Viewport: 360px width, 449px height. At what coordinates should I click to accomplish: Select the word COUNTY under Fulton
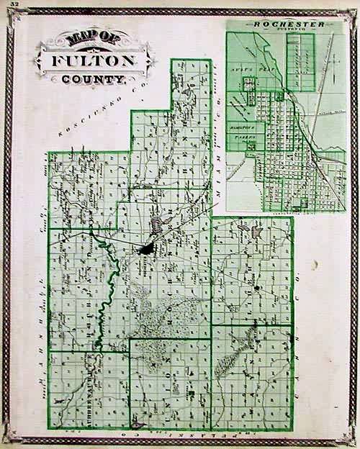click(x=94, y=78)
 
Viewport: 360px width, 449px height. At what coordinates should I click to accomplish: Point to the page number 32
click(x=15, y=6)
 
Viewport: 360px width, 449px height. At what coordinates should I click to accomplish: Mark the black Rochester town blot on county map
click(x=146, y=250)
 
